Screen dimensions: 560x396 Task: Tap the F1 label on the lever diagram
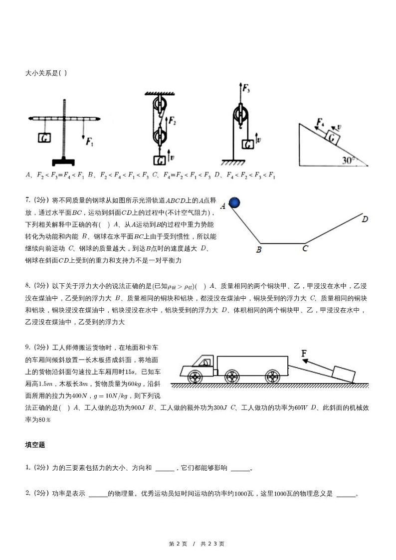[89, 143]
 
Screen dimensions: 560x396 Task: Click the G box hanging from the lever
[44, 137]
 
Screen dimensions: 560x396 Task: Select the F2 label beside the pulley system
[172, 120]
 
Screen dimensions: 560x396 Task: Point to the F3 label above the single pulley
[246, 89]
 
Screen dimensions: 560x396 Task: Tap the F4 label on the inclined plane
[320, 122]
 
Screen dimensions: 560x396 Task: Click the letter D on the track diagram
[365, 219]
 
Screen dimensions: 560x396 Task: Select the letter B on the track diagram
[259, 250]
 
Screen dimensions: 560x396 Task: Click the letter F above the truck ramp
[304, 354]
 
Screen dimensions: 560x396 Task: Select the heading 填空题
[35, 444]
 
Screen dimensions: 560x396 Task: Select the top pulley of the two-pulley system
[160, 106]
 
